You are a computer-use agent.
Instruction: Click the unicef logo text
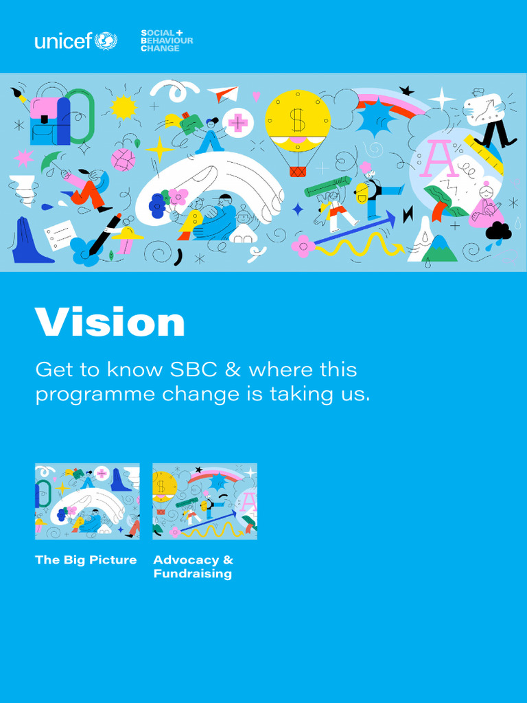(62, 41)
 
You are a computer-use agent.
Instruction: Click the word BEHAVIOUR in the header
(167, 41)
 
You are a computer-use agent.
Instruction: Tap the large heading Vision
(110, 321)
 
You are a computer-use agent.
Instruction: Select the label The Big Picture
(86, 560)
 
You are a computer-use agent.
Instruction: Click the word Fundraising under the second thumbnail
(192, 574)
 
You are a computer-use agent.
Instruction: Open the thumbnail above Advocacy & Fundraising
(204, 501)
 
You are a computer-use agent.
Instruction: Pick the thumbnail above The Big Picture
(87, 501)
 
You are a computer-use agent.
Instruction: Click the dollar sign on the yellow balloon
(297, 119)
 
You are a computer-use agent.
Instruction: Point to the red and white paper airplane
(223, 93)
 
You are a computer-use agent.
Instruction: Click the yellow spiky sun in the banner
(124, 107)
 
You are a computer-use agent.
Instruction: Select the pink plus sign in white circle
(238, 123)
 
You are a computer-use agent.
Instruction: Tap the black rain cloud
(499, 231)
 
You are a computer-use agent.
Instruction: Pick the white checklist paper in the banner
(59, 234)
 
